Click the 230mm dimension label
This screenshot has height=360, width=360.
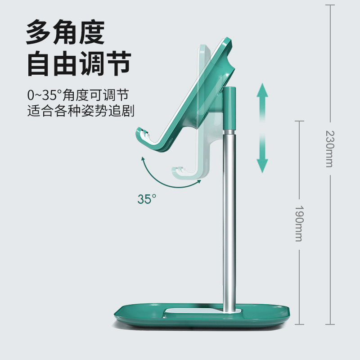(x=330, y=149)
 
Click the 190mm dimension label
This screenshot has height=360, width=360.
(x=299, y=223)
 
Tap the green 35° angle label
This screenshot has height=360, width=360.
(x=147, y=199)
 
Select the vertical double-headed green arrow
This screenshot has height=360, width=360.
(x=262, y=128)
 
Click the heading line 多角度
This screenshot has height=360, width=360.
(x=65, y=32)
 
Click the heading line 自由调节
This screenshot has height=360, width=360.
(x=79, y=63)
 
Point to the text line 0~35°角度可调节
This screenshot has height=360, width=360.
(x=78, y=95)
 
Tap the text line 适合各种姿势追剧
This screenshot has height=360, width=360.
(x=81, y=111)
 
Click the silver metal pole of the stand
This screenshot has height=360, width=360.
(x=229, y=220)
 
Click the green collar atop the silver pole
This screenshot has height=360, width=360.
(x=229, y=108)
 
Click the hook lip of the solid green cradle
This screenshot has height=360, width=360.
(x=142, y=137)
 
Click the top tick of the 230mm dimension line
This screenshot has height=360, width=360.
(x=330, y=5)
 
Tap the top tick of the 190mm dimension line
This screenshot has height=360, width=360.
(x=299, y=121)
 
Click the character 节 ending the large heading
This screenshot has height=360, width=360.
(x=118, y=63)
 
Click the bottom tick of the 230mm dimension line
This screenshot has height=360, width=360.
(x=330, y=324)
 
